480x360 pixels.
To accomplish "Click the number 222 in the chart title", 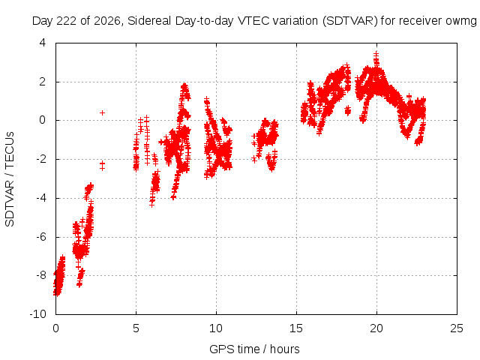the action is pyautogui.click(x=67, y=21).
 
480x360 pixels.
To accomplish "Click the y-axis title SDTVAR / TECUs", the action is pyautogui.click(x=10, y=179).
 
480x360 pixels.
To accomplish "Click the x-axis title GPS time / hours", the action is pyautogui.click(x=254, y=349).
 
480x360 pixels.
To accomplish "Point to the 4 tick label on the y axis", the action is pyautogui.click(x=42, y=43).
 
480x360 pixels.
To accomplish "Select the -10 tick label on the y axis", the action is pyautogui.click(x=37, y=313).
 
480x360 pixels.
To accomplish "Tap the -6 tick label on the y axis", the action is pyautogui.click(x=40, y=237).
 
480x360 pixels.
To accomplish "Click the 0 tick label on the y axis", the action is pyautogui.click(x=42, y=120).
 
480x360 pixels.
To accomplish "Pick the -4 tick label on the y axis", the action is pyautogui.click(x=40, y=198).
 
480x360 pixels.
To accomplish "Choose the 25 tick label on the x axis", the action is pyautogui.click(x=457, y=328).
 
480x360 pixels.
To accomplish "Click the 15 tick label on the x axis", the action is pyautogui.click(x=296, y=328).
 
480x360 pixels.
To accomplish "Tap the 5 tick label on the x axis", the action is pyautogui.click(x=136, y=328).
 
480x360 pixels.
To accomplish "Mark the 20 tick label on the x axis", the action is pyautogui.click(x=376, y=328).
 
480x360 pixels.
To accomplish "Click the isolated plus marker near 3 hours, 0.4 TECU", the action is pyautogui.click(x=102, y=112).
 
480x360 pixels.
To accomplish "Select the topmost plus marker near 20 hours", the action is pyautogui.click(x=376, y=53).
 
